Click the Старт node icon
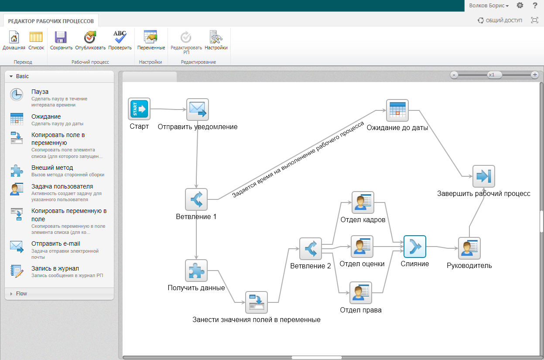click(139, 109)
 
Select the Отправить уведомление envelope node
click(198, 109)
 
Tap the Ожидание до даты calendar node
click(397, 110)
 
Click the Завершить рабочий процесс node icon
click(483, 176)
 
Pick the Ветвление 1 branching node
click(196, 199)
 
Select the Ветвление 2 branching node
click(311, 249)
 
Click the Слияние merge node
click(414, 247)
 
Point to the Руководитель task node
click(469, 248)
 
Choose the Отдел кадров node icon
click(363, 202)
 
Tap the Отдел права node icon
click(360, 293)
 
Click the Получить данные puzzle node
click(196, 271)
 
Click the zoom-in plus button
click(535, 75)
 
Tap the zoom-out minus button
click(454, 75)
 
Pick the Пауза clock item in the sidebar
click(17, 95)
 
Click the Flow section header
click(21, 294)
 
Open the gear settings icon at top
click(520, 6)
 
